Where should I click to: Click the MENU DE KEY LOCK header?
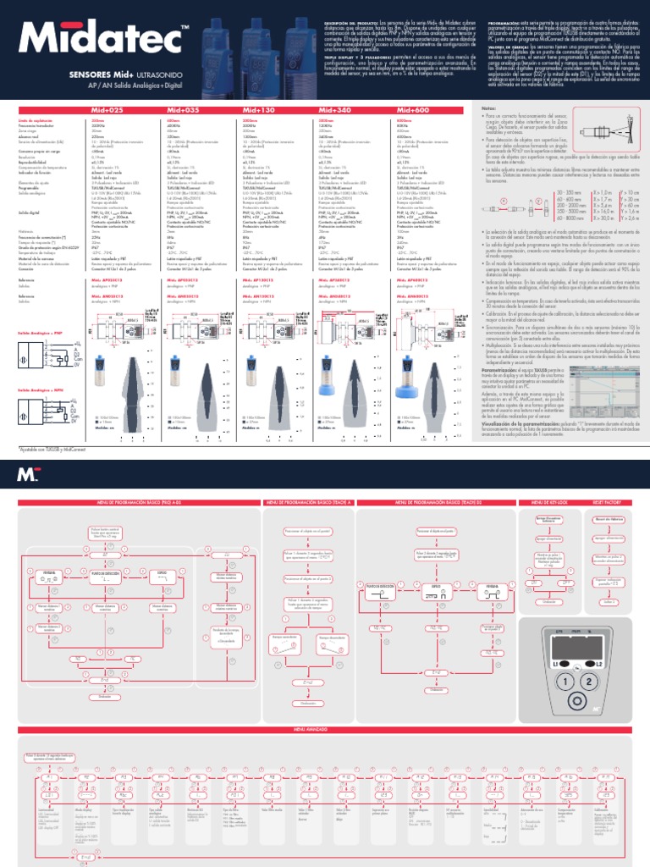(548, 502)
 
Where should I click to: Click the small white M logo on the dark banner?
(25, 474)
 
